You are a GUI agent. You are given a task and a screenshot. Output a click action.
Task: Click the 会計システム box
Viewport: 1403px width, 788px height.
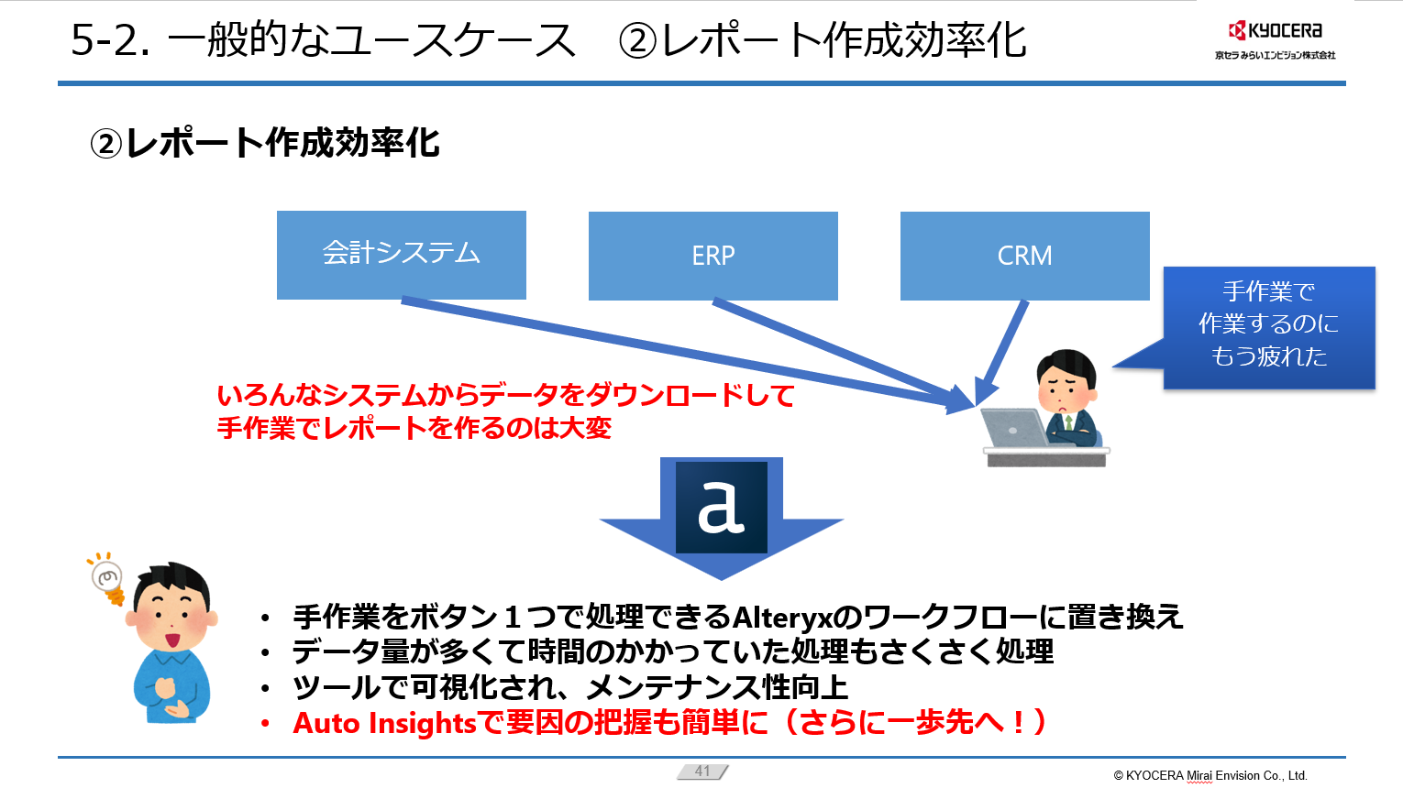tap(401, 254)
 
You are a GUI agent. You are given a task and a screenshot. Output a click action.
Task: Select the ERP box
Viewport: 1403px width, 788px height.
tap(713, 256)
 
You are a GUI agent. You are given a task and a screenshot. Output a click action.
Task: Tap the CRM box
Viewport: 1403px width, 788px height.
tap(1024, 256)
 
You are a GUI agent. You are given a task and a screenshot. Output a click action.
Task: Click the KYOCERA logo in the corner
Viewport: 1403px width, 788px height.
tap(1275, 31)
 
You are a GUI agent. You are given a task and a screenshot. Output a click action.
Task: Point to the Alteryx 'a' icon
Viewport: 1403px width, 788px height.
tap(722, 507)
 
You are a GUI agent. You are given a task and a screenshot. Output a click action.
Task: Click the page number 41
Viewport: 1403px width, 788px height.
tap(702, 772)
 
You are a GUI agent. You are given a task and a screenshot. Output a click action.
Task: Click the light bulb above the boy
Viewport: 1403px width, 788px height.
tap(107, 577)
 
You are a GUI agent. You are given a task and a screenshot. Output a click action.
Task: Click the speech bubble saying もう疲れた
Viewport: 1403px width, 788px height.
tap(1269, 326)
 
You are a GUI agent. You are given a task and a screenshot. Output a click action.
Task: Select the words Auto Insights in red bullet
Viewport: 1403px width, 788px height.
tap(384, 723)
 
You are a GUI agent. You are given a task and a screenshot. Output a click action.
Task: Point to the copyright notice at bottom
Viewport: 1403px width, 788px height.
tap(1210, 775)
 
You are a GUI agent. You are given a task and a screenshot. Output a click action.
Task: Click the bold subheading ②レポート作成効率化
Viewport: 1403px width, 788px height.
tap(265, 144)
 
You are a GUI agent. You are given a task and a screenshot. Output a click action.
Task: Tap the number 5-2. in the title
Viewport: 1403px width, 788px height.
tap(111, 40)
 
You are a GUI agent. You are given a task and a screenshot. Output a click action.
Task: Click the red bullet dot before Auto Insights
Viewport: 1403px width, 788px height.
tap(265, 724)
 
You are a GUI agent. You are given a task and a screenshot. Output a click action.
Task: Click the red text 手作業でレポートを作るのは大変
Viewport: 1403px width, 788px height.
tap(414, 428)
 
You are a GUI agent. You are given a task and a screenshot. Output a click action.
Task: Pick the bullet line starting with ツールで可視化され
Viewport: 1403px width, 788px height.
tap(569, 687)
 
